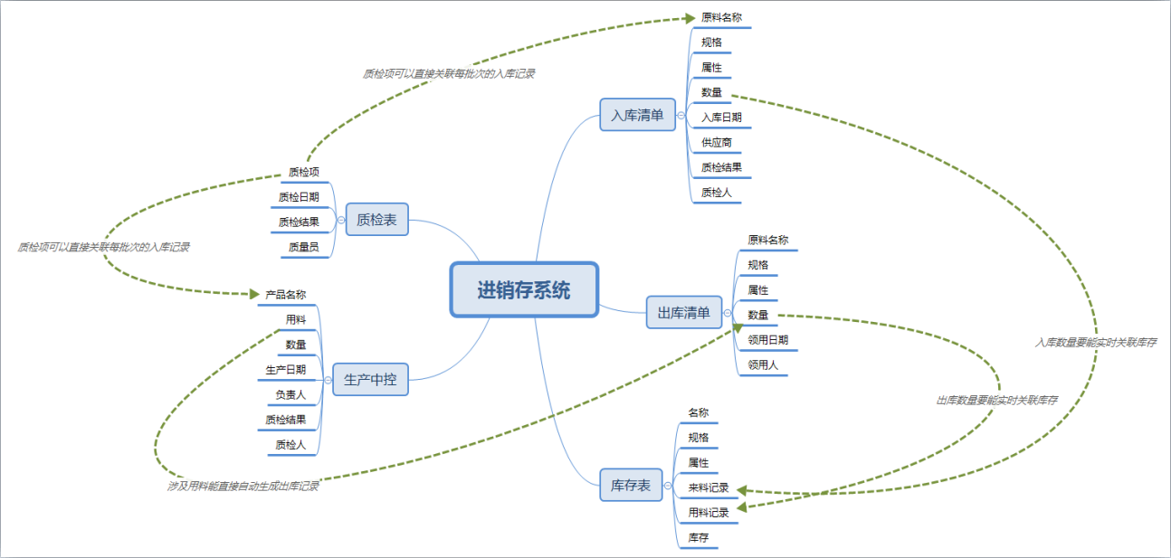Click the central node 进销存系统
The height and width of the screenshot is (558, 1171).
pyautogui.click(x=524, y=289)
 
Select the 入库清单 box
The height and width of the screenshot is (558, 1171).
pyautogui.click(x=637, y=115)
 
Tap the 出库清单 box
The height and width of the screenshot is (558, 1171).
pyautogui.click(x=684, y=312)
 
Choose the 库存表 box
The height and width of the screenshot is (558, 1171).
pyautogui.click(x=631, y=485)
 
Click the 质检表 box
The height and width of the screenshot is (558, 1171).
pyautogui.click(x=377, y=220)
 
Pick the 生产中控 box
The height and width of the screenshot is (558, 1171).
pyautogui.click(x=370, y=379)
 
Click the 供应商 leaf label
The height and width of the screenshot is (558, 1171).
pyautogui.click(x=716, y=142)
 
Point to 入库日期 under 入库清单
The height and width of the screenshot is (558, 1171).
pyautogui.click(x=721, y=117)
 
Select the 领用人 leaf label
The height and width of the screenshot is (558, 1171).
pyautogui.click(x=763, y=364)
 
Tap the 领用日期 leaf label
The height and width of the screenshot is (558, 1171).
pyautogui.click(x=768, y=340)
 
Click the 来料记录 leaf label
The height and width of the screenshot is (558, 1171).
pyautogui.click(x=709, y=487)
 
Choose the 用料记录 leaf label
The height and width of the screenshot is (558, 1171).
pyautogui.click(x=709, y=513)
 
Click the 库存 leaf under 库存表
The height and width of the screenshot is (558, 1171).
pyautogui.click(x=699, y=537)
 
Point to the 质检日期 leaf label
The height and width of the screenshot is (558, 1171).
pyautogui.click(x=299, y=197)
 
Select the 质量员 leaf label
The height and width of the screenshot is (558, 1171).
pyautogui.click(x=304, y=247)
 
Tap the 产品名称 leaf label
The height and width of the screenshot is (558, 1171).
pyautogui.click(x=285, y=295)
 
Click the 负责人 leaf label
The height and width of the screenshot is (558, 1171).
pyautogui.click(x=290, y=394)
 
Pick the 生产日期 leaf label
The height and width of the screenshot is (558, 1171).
pyautogui.click(x=285, y=369)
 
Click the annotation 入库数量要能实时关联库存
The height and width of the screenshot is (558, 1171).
pyautogui.click(x=1096, y=342)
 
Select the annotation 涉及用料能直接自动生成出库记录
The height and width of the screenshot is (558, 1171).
pyautogui.click(x=243, y=486)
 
